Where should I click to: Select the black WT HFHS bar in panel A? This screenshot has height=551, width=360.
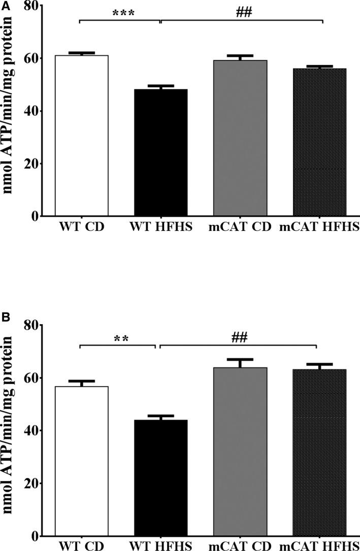pyautogui.click(x=161, y=152)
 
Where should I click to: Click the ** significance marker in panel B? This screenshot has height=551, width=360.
pyautogui.click(x=120, y=338)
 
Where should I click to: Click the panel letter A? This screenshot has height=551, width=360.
pyautogui.click(x=5, y=5)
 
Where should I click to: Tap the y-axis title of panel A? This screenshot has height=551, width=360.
pyautogui.click(x=9, y=109)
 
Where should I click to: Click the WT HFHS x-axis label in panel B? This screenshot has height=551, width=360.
pyautogui.click(x=161, y=545)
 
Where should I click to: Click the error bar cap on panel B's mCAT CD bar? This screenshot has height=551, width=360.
pyautogui.click(x=240, y=359)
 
